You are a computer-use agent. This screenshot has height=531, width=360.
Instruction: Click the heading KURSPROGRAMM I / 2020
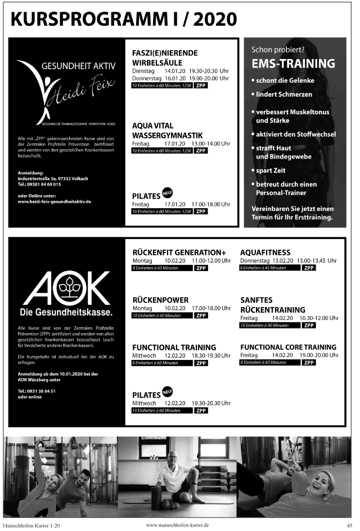124,19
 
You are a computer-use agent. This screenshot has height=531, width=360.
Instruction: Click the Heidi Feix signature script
84,91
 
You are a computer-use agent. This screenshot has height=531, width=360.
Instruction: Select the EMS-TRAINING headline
293,64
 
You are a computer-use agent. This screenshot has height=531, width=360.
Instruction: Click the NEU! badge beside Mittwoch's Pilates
167,391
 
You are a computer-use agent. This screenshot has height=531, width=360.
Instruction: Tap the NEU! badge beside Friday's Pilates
167,192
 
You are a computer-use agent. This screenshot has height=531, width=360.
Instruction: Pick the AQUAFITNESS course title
265,253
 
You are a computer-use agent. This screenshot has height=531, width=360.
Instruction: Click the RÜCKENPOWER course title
160,300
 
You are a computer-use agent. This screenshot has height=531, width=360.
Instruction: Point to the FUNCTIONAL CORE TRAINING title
288,347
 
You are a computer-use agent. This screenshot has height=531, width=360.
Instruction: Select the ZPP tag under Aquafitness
309,268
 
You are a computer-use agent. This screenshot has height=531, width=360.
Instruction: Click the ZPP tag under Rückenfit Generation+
201,268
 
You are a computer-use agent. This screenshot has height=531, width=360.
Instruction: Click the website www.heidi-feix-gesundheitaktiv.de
54,201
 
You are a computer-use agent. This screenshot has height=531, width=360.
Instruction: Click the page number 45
349,525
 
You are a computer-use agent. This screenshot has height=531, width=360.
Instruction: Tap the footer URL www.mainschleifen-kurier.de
177,525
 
